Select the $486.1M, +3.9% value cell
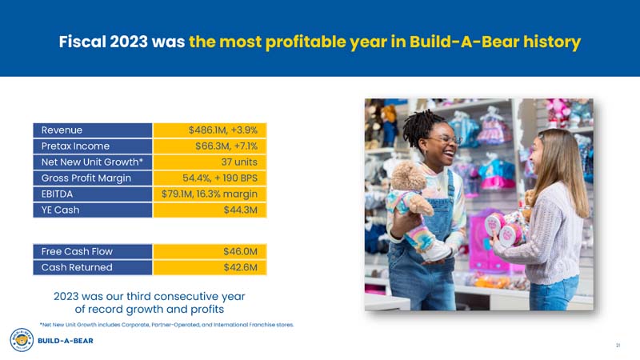coord(209,130)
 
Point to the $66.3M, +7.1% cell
coord(209,146)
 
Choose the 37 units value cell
coord(209,162)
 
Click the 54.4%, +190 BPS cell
coord(209,178)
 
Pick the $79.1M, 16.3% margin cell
coord(209,194)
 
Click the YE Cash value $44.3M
coord(209,210)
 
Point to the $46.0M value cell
coord(209,251)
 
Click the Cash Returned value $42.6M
coord(209,267)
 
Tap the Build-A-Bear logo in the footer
coord(48,339)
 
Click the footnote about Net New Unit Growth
coord(166,324)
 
